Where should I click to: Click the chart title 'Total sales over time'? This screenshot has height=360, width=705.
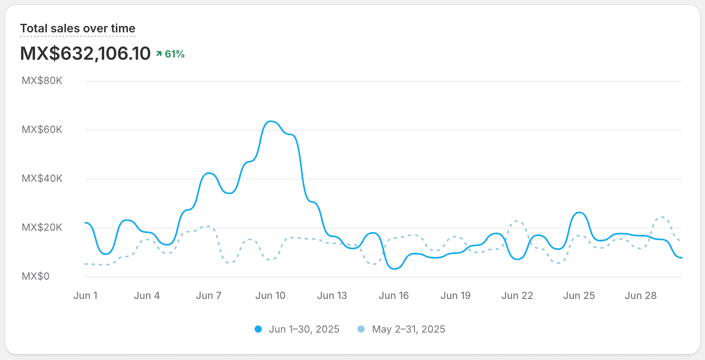pos(78,28)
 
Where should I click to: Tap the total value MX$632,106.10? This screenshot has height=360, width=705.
pos(85,53)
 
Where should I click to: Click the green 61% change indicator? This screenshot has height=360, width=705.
pos(170,54)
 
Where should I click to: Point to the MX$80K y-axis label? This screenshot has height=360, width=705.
pos(42,80)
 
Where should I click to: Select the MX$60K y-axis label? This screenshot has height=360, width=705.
pos(42,129)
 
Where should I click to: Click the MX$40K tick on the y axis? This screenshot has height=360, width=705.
pos(42,178)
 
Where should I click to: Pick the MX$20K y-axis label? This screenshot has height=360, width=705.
pos(42,227)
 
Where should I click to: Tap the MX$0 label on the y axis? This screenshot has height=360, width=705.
pos(35,277)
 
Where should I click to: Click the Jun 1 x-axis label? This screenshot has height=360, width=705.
pos(85,295)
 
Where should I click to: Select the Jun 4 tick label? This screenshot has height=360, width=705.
pos(147,295)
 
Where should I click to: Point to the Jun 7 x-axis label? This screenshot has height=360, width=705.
pos(209,295)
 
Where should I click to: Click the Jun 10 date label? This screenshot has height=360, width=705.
pos(270,295)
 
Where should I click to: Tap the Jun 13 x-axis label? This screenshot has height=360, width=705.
pos(332,295)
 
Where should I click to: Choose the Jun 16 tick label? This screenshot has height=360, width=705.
pos(394,295)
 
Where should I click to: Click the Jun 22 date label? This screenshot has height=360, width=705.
pos(517,295)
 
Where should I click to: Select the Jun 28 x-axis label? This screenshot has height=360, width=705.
pos(640,295)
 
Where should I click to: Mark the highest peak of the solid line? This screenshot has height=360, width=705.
pos(271,121)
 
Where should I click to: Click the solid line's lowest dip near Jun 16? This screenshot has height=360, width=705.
pos(395,269)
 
